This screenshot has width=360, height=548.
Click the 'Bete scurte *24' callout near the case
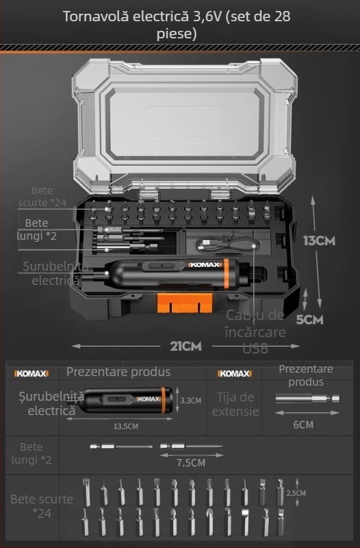point(43,197)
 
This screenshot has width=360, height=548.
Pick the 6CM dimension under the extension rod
point(303,424)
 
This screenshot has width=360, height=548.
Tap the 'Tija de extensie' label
point(235,404)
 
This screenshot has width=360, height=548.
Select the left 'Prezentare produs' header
point(118,373)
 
